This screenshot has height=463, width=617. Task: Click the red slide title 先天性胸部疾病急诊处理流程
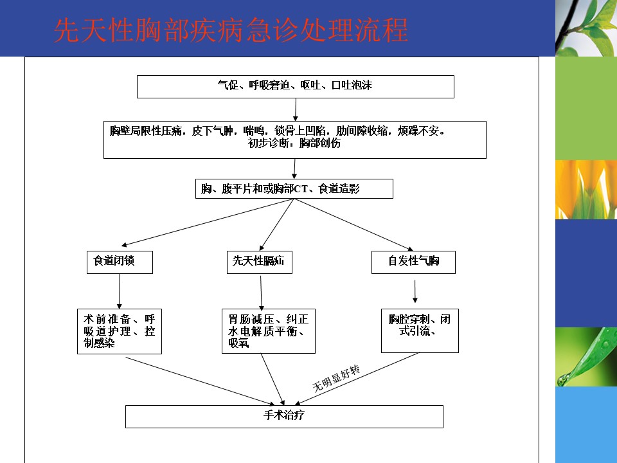coord(231,30)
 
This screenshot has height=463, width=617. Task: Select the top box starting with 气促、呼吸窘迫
coord(296,87)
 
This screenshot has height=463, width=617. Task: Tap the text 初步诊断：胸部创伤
coord(294,143)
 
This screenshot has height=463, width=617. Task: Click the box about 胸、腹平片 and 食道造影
coord(294,188)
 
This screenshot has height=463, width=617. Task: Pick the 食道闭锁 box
coord(120,262)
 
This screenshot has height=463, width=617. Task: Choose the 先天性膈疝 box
coord(259,262)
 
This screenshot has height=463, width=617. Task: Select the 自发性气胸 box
coord(413,262)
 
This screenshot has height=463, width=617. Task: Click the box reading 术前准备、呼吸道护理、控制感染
coord(120,331)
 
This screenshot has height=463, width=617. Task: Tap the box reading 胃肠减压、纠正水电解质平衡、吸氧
coord(269,331)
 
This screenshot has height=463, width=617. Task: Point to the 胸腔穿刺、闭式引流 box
coord(420,331)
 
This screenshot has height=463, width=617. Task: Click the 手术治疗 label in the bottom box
coord(283,415)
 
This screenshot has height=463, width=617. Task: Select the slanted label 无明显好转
coord(336,378)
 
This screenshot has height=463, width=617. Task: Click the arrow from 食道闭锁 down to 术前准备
coord(120,291)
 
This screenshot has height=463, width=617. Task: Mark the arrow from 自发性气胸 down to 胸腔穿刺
coord(415,291)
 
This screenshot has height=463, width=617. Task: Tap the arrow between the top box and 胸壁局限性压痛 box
coord(296,110)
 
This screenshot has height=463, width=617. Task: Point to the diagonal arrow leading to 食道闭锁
coord(208,222)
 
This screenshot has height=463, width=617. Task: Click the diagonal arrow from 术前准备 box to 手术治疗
coord(200,381)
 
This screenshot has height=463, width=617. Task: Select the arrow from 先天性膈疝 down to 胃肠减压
coord(261,293)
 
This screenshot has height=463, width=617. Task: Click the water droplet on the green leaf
coord(563,379)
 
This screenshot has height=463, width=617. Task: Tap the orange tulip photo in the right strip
coord(586,189)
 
